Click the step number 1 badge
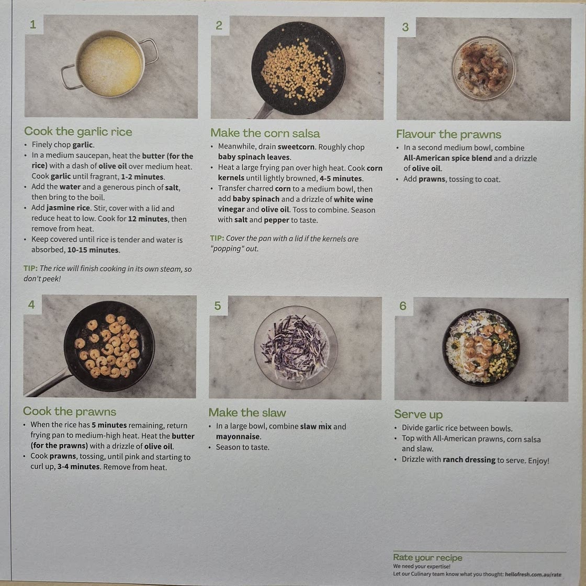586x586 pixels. pos(33,25)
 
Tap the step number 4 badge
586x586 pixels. pos(32,305)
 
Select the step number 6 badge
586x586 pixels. pos(403,306)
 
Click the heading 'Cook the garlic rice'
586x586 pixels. pos(78,131)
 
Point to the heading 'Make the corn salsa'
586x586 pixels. pos(265,133)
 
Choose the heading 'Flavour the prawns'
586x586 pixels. pos(448,134)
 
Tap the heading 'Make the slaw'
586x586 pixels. pos(247,413)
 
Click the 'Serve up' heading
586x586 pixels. pos(418,414)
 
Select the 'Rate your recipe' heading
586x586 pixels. pos(427,558)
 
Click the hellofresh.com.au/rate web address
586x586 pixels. pos(533,574)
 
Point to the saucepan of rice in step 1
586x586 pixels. pos(109,64)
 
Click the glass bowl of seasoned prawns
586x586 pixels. pos(483,69)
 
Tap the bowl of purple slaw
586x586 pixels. pos(296,347)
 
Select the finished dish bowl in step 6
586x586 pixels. pos(481,347)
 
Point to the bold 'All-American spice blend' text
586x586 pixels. pos(447,158)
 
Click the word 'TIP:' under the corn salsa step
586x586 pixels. pos(217,238)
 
